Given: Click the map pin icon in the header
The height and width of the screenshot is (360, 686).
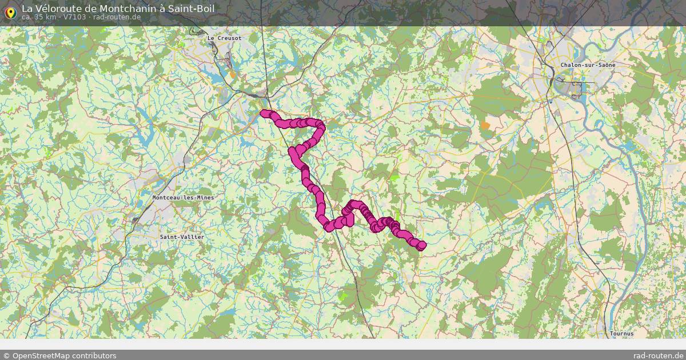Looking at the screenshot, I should point(10,11).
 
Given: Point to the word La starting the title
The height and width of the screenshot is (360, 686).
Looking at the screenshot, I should point(27,9).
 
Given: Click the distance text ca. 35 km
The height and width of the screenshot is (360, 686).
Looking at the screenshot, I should point(39,17).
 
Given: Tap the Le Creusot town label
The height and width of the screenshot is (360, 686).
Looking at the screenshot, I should point(224,38).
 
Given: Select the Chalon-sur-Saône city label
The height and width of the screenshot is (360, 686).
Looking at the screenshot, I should point(588,65).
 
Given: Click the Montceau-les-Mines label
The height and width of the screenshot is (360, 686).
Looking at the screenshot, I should point(184,198).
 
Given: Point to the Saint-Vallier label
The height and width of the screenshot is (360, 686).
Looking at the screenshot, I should point(182,237).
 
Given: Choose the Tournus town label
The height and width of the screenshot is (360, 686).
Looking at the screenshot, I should point(622,333).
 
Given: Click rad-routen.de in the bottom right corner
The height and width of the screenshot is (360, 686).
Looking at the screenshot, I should point(657,355).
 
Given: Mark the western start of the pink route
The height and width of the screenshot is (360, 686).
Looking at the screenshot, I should point(264,113).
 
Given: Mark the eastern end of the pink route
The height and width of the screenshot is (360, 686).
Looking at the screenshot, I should point(422,245).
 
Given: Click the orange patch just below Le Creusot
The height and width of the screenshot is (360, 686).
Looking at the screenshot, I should point(232,74).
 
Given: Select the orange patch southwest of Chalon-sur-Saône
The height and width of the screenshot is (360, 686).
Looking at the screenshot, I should point(485,125).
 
